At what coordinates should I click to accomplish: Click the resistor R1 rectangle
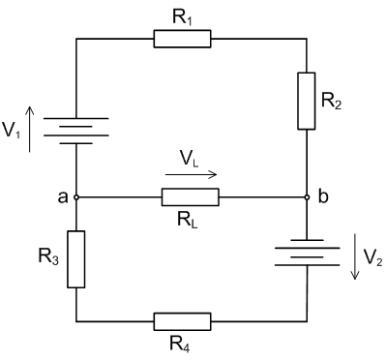tap(182, 39)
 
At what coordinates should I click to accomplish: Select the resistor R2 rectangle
tap(307, 100)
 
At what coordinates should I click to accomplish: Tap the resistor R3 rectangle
tap(75, 258)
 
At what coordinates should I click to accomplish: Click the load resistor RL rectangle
tap(190, 197)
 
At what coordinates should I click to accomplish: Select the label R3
tap(46, 259)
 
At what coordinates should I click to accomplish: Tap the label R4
tap(181, 345)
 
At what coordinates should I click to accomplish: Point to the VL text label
tap(191, 156)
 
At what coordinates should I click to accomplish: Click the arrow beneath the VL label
tap(191, 174)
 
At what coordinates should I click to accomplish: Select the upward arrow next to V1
tap(31, 130)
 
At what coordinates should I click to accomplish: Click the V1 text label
tap(12, 130)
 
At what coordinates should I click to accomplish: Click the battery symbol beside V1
tap(75, 130)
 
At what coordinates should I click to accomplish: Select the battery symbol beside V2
tap(307, 255)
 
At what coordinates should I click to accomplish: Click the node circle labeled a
tap(75, 197)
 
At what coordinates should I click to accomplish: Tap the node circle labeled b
tap(307, 197)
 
